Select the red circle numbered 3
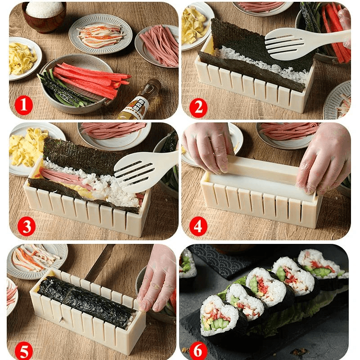point(26,226)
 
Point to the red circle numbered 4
point(198,226)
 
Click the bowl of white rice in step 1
point(44,16)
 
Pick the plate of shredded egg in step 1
point(23,58)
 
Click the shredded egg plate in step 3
point(29,146)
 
